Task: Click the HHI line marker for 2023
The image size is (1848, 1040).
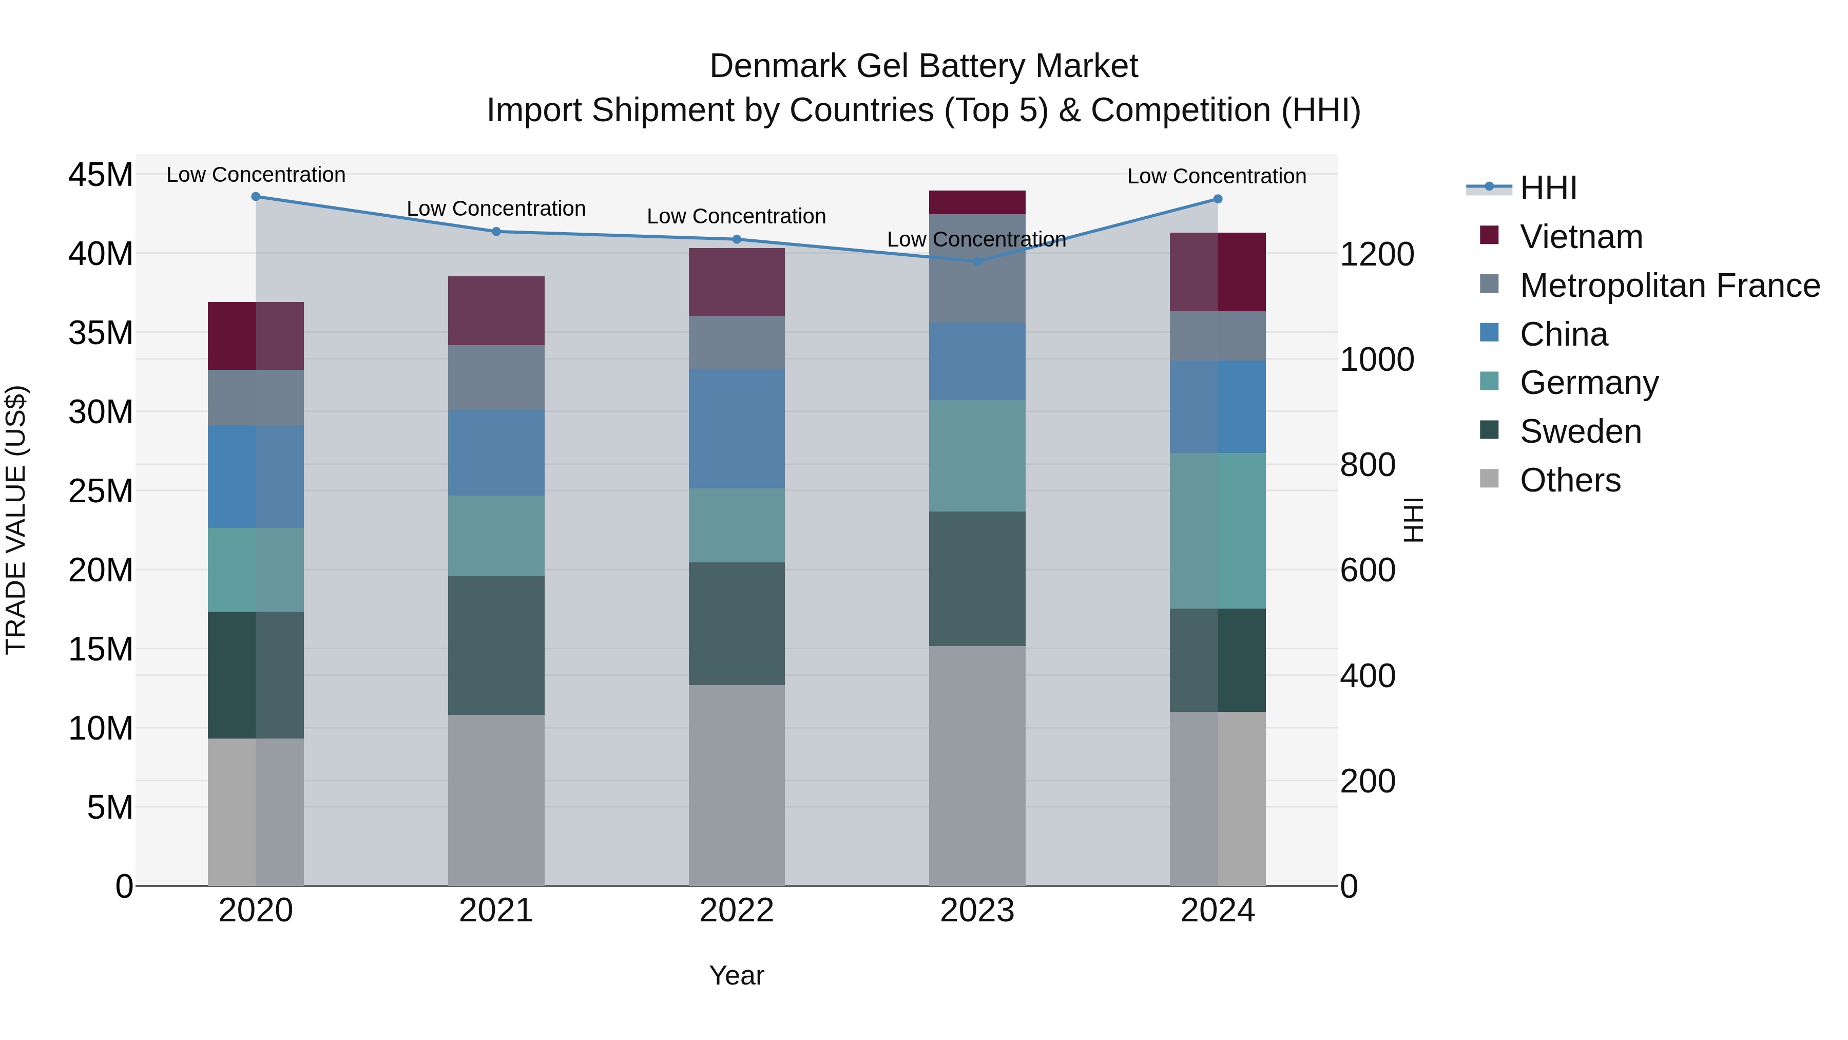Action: (x=976, y=261)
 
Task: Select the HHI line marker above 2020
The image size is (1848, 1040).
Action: (x=256, y=197)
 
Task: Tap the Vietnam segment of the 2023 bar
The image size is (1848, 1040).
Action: (x=976, y=202)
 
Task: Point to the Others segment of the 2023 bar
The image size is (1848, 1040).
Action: (x=976, y=765)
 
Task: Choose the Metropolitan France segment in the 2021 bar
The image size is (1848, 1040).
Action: (x=496, y=377)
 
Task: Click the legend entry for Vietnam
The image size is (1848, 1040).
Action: (x=1581, y=237)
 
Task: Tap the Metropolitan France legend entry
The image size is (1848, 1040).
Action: (x=1669, y=286)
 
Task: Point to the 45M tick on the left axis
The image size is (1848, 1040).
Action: (x=101, y=175)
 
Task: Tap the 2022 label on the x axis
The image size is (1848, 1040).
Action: (x=736, y=911)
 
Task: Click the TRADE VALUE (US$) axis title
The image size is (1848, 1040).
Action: (x=16, y=520)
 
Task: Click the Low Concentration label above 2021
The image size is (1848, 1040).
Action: (x=496, y=209)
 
